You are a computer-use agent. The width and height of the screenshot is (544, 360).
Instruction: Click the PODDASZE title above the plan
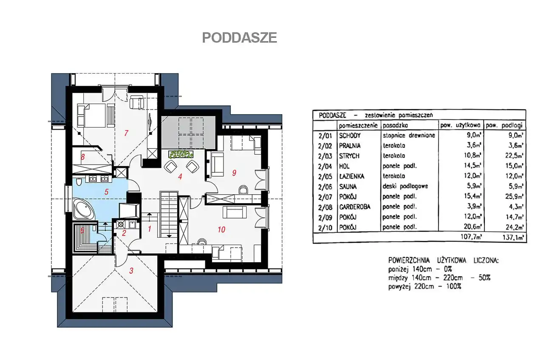[x=239, y=38]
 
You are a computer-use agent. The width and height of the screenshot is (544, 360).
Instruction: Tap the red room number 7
[x=126, y=133]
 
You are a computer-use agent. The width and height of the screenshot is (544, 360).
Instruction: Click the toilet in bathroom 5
[x=79, y=182]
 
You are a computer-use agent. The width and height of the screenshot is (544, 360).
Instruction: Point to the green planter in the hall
[x=181, y=154]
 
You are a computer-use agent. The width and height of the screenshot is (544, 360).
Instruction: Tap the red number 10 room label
[x=221, y=230]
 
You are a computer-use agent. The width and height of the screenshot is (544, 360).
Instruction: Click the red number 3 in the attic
[x=131, y=271]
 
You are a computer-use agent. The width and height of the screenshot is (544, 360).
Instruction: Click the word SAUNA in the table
[x=348, y=187]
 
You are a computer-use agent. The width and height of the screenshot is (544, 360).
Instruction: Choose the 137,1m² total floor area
[x=513, y=237]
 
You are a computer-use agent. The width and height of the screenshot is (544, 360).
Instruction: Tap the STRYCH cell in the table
[x=349, y=156]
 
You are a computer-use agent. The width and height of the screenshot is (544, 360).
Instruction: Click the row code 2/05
[x=325, y=176]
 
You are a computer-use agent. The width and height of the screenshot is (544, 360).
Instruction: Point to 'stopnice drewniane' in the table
[x=409, y=135]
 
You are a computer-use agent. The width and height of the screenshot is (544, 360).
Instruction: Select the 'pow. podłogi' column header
[x=504, y=125]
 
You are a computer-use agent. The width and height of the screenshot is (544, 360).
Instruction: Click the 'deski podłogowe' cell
[x=405, y=186]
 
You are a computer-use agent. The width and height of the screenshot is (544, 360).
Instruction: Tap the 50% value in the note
[x=484, y=278]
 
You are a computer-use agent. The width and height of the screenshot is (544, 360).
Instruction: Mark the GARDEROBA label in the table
[x=354, y=207]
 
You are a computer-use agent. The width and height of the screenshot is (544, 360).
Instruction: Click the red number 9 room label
[x=234, y=173]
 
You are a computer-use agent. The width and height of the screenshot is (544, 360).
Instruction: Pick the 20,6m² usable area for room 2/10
[x=472, y=227]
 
